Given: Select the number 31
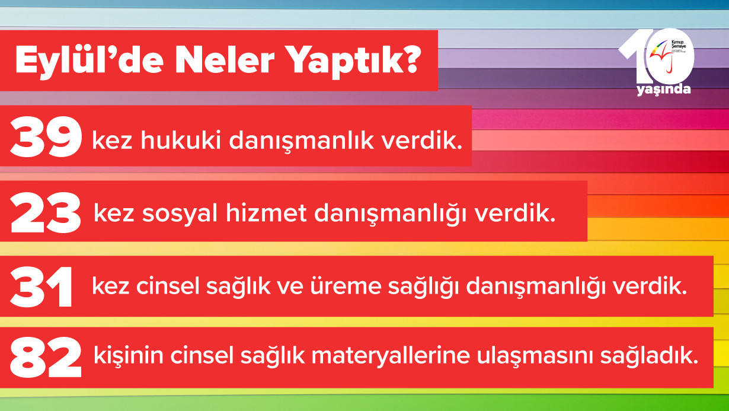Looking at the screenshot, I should (x=41, y=288).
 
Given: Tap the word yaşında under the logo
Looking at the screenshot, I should (x=663, y=90).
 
